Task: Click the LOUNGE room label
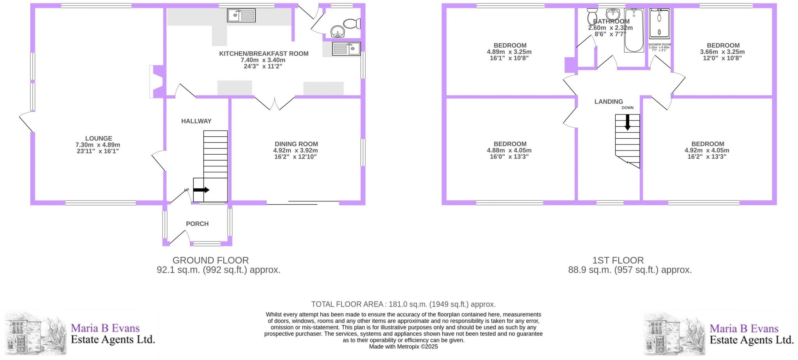pyautogui.click(x=99, y=138)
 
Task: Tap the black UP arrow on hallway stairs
pyautogui.click(x=201, y=190)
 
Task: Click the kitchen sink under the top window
pyautogui.click(x=242, y=16)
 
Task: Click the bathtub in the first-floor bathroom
pyautogui.click(x=634, y=31)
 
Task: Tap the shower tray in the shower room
pyautogui.click(x=659, y=23)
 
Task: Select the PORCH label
pyautogui.click(x=197, y=224)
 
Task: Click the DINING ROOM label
pyautogui.click(x=296, y=144)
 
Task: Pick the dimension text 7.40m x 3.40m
pyautogui.click(x=263, y=60)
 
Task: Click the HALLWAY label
pyautogui.click(x=196, y=121)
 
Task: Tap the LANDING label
pyautogui.click(x=608, y=102)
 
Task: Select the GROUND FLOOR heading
pyautogui.click(x=210, y=260)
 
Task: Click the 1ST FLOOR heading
pyautogui.click(x=618, y=260)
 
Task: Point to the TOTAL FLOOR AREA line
pyautogui.click(x=403, y=304)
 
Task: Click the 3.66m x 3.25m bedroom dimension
pyautogui.click(x=722, y=52)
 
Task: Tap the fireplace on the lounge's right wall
pyautogui.click(x=157, y=81)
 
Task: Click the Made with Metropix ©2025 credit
pyautogui.click(x=403, y=346)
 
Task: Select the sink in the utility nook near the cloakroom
pyautogui.click(x=346, y=49)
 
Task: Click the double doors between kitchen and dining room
pyautogui.click(x=275, y=103)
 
